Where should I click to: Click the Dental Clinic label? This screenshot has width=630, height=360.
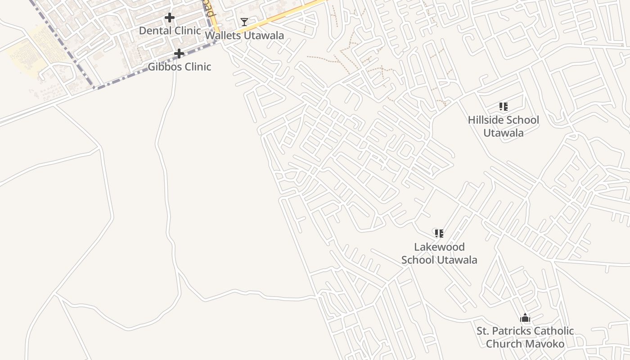pos(170,31)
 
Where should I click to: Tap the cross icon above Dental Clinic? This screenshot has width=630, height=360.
pos(169,18)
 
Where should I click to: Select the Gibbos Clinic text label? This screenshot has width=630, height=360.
pos(180,67)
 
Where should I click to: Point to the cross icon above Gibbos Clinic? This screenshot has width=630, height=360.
pos(179,54)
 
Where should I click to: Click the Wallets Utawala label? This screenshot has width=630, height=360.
pos(244,36)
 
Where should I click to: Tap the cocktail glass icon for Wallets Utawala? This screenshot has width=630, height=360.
pos(244,22)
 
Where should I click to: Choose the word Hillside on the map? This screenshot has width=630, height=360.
pos(486,120)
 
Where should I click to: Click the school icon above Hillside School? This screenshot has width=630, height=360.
pos(503,107)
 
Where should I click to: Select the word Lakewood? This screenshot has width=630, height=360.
pos(439,247)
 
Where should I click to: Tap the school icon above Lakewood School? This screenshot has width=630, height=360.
pos(439,233)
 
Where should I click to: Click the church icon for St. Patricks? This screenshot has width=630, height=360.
pos(525,318)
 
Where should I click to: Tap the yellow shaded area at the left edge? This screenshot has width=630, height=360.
pos(27,54)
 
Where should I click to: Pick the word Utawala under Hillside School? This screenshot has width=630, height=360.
pos(503,133)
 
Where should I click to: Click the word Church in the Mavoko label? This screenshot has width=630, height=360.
pos(502,344)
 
